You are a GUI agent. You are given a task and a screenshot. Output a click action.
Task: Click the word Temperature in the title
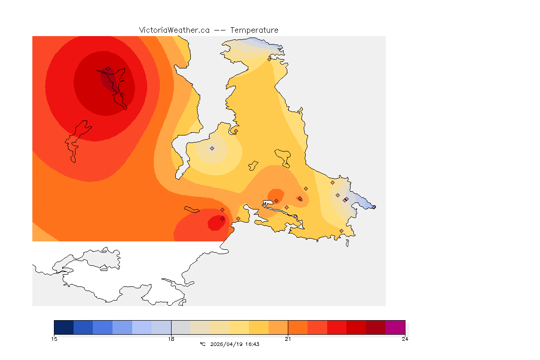[254, 30]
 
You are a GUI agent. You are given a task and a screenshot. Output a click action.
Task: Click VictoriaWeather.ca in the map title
[174, 30]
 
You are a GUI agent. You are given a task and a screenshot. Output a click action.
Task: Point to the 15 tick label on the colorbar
[54, 339]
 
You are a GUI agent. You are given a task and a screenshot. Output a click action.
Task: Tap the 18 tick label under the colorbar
[171, 339]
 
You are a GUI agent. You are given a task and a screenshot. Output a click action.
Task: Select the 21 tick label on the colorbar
[288, 339]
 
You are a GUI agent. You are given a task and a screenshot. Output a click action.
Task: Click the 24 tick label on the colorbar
[405, 339]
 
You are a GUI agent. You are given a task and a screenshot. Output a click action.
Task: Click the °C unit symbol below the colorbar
[202, 344]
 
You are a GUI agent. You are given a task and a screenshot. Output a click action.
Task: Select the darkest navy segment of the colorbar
[64, 327]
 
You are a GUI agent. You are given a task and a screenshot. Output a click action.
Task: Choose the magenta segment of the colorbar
[395, 327]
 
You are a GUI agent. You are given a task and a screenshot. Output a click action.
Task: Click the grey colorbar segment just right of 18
[181, 327]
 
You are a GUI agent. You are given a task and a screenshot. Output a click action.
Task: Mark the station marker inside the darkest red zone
[108, 69]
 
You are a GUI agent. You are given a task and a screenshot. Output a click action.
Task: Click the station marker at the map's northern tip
[270, 59]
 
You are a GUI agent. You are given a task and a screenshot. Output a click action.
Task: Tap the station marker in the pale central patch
[212, 148]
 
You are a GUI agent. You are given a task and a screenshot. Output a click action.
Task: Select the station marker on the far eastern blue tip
[374, 207]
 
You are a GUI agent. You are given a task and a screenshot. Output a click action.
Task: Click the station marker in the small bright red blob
[222, 218]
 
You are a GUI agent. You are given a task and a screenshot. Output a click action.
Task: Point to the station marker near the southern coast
[341, 231]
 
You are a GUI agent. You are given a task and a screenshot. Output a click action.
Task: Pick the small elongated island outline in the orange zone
[192, 210]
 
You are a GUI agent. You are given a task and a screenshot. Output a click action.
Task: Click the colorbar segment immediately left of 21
[278, 327]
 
